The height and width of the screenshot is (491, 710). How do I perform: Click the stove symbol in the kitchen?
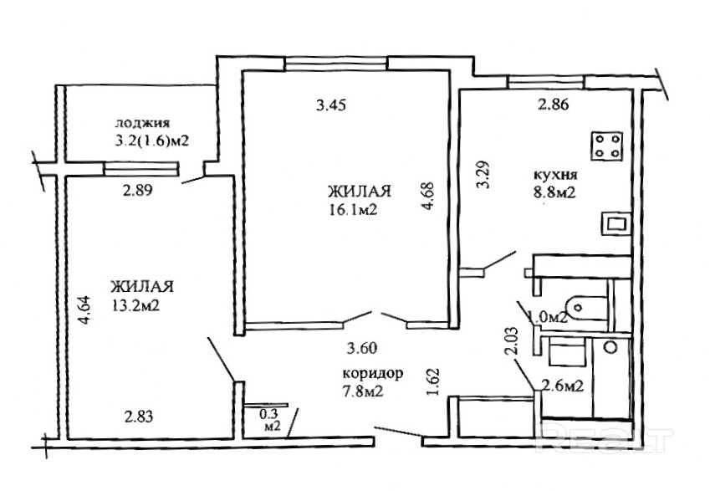[x=607, y=146]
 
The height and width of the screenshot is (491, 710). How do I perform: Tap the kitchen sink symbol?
[x=616, y=224]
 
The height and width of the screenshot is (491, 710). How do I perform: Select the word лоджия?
[x=142, y=124]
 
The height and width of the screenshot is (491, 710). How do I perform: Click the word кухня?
[x=555, y=175]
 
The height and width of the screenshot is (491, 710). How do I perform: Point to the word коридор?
[x=373, y=375]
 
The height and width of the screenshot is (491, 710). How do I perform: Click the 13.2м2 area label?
[x=136, y=306]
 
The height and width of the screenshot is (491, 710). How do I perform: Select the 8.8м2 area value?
[x=554, y=193]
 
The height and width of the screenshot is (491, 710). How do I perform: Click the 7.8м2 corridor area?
[x=363, y=391]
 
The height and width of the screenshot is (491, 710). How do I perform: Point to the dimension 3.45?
[x=331, y=105]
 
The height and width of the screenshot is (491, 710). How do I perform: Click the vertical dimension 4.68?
[x=427, y=197]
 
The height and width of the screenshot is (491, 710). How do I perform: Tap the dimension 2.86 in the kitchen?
[x=553, y=105]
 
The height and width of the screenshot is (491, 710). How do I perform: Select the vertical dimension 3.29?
[x=484, y=175]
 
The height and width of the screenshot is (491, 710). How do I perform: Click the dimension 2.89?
[x=138, y=191]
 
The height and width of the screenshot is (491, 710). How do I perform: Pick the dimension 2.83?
[x=139, y=417]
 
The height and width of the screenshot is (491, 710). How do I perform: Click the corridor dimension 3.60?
[x=361, y=349]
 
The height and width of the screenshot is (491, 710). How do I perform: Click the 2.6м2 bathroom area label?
[x=562, y=386]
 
